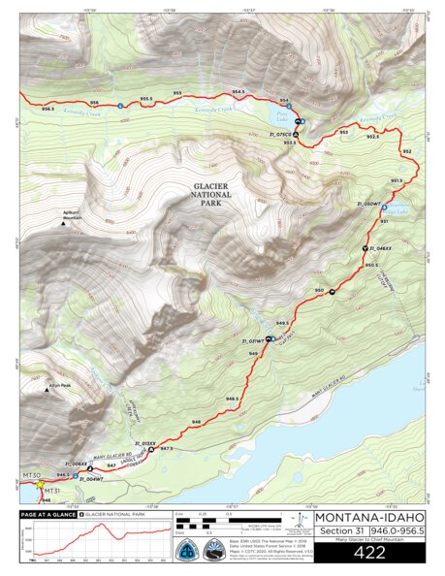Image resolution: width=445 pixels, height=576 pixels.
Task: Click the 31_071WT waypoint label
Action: point(253,342)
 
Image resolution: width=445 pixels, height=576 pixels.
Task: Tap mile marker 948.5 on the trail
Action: point(233,400)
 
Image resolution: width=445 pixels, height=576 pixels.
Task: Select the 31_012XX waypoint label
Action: point(143,443)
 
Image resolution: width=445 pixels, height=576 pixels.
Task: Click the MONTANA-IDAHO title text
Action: point(368,517)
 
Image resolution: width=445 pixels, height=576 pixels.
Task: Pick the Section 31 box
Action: point(341,530)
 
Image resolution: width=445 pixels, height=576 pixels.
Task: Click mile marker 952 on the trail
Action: point(406,152)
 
